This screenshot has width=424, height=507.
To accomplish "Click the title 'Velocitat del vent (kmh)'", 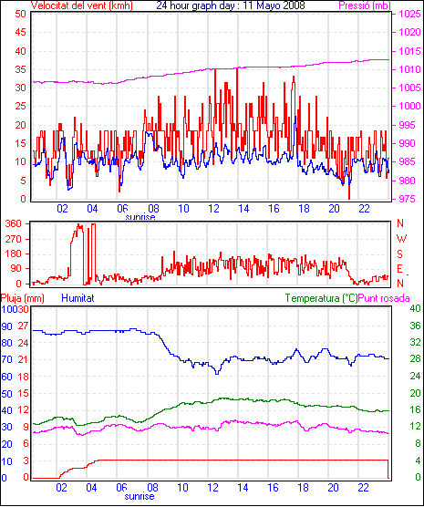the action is pyautogui.click(x=81, y=5).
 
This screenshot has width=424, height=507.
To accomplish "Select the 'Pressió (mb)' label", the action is pyautogui.click(x=365, y=5).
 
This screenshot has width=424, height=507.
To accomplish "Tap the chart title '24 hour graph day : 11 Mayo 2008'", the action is pyautogui.click(x=231, y=5).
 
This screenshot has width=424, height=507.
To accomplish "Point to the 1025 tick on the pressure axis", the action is pyautogui.click(x=409, y=14).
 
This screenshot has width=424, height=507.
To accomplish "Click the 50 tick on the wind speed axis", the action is pyautogui.click(x=20, y=14).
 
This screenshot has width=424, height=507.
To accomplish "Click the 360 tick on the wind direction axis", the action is pyautogui.click(x=14, y=223).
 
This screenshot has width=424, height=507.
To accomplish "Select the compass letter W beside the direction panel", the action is pyautogui.click(x=401, y=239).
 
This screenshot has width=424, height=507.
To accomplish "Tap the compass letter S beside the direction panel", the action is pyautogui.click(x=399, y=254).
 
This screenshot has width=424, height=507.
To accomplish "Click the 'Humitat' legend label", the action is pyautogui.click(x=78, y=298).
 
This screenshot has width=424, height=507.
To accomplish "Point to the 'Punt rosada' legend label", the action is pyautogui.click(x=384, y=298).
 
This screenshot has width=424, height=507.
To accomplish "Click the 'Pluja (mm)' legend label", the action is pyautogui.click(x=22, y=298).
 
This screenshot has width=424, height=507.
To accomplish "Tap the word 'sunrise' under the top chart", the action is pyautogui.click(x=140, y=217).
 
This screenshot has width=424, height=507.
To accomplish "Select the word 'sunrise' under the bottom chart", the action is pyautogui.click(x=140, y=496).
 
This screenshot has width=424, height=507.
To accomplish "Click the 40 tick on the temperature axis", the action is pyautogui.click(x=415, y=308).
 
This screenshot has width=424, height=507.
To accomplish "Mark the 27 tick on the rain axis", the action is pyautogui.click(x=23, y=326).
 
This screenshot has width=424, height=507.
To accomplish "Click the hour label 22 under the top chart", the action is pyautogui.click(x=364, y=209).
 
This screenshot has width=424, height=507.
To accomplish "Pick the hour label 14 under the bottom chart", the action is pyautogui.click(x=243, y=487).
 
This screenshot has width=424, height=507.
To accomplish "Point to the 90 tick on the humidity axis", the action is pyautogui.click(x=6, y=326).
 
